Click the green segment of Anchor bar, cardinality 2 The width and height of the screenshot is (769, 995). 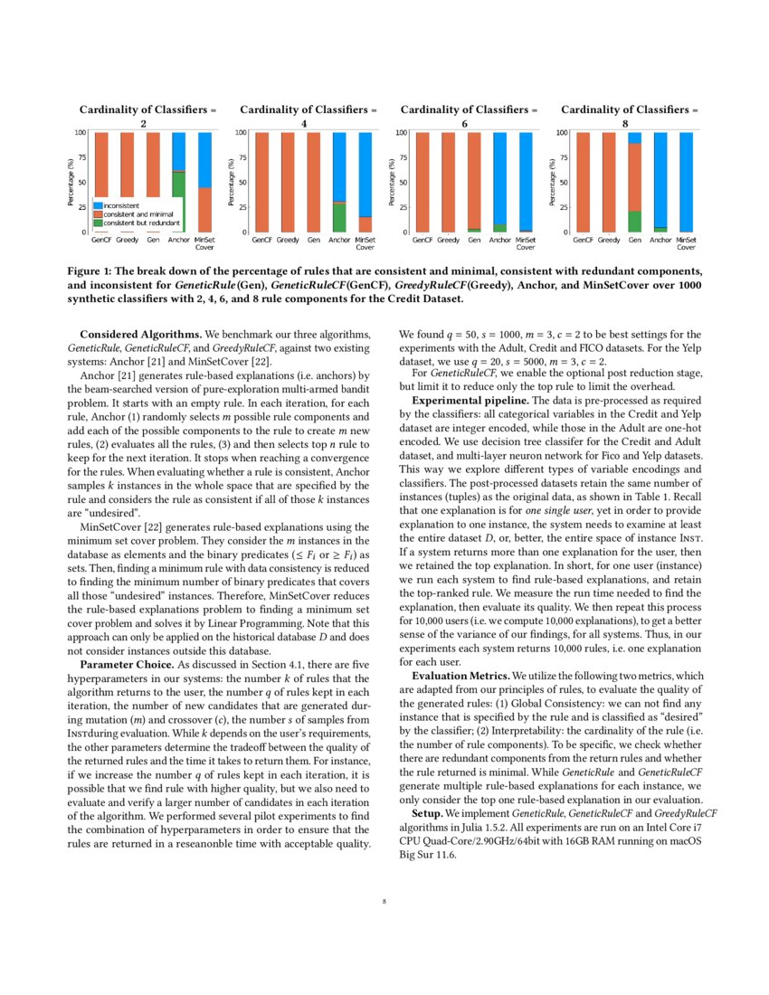click(179, 201)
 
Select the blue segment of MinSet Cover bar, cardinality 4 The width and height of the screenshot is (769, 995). click(365, 174)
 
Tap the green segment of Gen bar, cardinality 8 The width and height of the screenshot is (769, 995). click(634, 221)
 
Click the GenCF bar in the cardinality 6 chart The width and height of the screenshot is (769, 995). click(422, 182)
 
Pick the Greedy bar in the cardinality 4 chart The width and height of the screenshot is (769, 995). click(288, 182)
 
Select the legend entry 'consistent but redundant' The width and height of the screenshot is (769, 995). click(140, 223)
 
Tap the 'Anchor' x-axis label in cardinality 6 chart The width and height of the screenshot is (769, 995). click(499, 241)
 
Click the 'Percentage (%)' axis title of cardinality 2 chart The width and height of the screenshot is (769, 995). click(71, 182)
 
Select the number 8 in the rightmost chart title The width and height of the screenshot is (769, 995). click(625, 122)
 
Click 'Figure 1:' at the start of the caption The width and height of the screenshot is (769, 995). click(94, 270)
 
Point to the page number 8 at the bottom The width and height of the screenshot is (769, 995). click(384, 901)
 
